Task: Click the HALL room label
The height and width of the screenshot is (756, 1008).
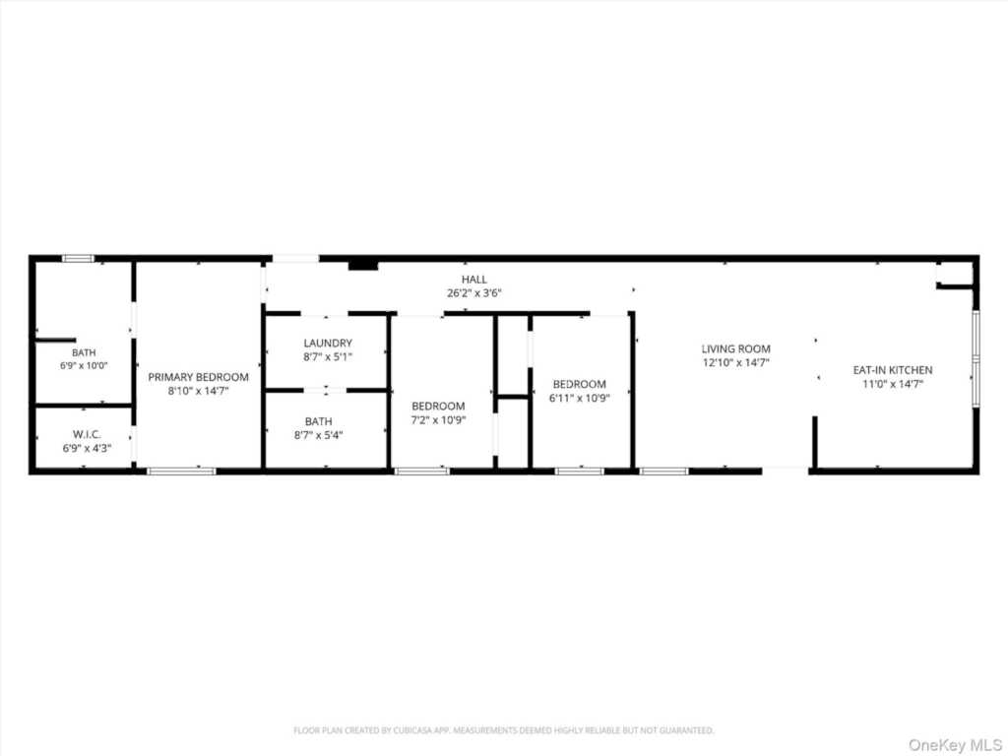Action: click(x=473, y=280)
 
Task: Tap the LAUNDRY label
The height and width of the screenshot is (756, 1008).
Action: click(x=328, y=344)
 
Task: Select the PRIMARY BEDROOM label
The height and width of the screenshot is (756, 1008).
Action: click(x=198, y=377)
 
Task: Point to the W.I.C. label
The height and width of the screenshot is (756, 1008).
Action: click(x=87, y=434)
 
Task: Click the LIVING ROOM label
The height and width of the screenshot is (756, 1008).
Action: click(x=736, y=349)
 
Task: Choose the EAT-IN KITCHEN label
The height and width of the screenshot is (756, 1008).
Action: click(x=892, y=370)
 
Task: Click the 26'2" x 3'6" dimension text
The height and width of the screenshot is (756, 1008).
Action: click(x=473, y=293)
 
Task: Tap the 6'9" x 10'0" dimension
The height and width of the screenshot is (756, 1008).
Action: click(x=84, y=366)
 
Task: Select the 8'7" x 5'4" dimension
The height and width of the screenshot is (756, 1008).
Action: click(x=318, y=435)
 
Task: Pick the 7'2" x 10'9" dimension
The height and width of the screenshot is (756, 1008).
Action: click(x=438, y=420)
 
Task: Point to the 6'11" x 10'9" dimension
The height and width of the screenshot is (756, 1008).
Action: click(x=579, y=398)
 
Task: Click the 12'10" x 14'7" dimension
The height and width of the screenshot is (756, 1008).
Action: click(x=736, y=363)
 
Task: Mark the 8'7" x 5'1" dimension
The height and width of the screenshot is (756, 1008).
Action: click(x=328, y=357)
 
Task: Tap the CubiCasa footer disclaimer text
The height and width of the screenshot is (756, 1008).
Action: click(x=503, y=730)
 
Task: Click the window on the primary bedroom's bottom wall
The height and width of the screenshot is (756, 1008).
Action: click(x=181, y=472)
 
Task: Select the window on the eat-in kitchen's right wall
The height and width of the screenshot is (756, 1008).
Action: click(x=976, y=358)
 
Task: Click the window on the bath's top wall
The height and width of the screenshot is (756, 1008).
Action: click(x=79, y=259)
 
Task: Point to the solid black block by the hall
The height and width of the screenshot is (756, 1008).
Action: click(x=363, y=265)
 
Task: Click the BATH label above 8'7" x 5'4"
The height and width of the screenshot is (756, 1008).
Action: click(x=319, y=421)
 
